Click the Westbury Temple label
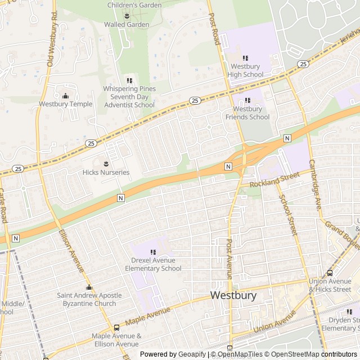click(66, 104)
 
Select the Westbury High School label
click(245, 70)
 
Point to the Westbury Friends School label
click(247, 113)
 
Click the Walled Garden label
click(127, 25)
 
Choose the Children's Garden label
click(134, 5)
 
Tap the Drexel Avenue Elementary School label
click(153, 264)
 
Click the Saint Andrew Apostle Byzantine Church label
click(89, 299)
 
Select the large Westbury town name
click(233, 295)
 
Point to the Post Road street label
click(214, 29)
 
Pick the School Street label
click(288, 215)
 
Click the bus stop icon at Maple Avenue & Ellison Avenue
click(116, 327)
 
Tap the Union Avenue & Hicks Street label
click(330, 285)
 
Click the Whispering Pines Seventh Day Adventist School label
click(129, 97)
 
